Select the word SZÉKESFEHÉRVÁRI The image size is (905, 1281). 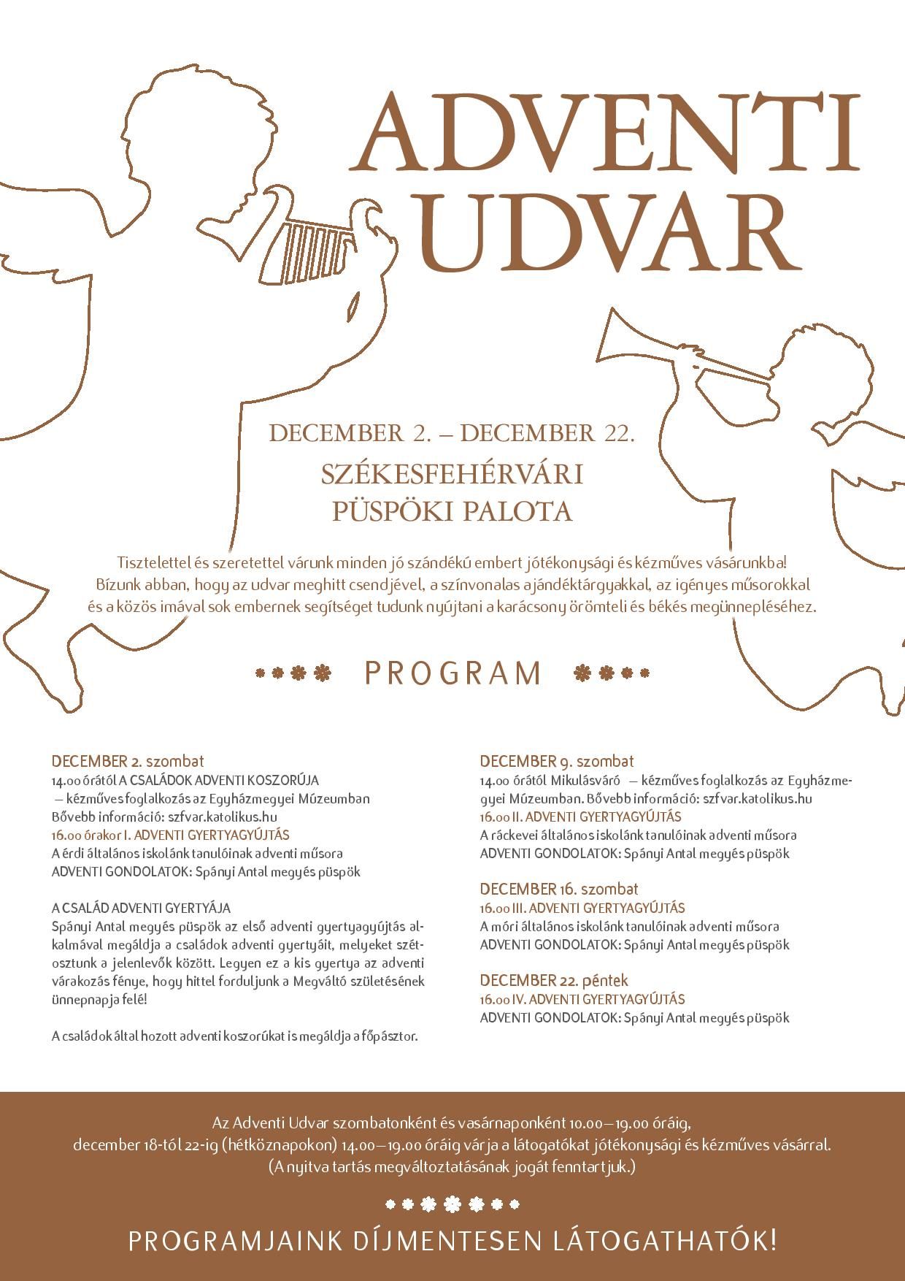tap(452, 474)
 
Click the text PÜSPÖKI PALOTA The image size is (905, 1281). tap(452, 511)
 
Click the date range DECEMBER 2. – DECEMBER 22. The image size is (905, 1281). tap(452, 433)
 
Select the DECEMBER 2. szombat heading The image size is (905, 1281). tap(128, 761)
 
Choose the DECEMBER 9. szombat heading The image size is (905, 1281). tap(557, 761)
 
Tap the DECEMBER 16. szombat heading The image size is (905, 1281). tap(559, 889)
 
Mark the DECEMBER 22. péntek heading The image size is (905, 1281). tap(554, 980)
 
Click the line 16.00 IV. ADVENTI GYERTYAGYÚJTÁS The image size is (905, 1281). tap(582, 999)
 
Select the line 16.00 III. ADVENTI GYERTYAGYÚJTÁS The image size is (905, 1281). tap(582, 908)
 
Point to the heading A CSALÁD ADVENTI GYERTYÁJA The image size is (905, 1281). tap(141, 908)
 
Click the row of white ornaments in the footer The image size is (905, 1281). tap(452, 1204)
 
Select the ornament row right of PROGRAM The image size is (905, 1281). tap(612, 673)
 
